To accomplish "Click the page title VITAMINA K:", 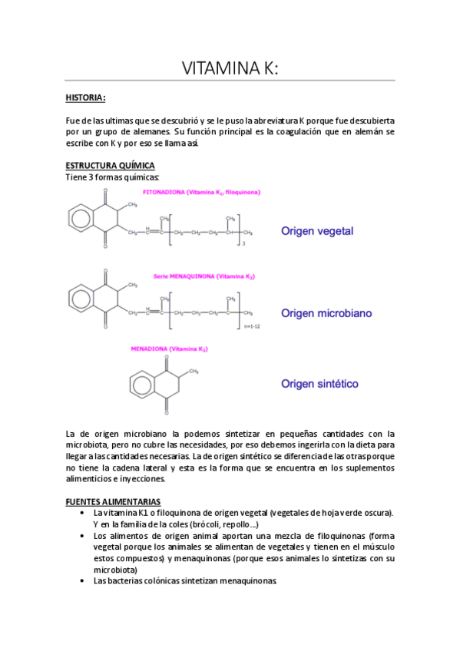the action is (x=230, y=68).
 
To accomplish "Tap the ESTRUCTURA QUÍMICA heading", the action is (x=110, y=166).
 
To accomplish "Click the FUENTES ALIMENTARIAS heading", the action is (x=112, y=501).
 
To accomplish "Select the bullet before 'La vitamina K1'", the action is (x=82, y=512).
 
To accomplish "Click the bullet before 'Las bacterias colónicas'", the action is (x=82, y=581).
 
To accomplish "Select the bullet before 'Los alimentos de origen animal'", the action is (x=82, y=535).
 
